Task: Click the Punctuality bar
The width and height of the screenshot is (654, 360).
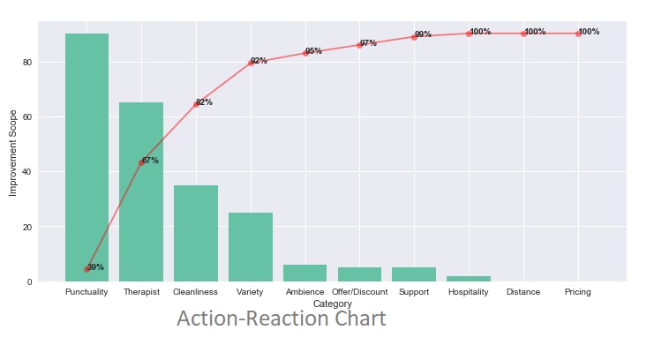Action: click(86, 159)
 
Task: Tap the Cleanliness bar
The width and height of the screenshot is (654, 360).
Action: click(196, 234)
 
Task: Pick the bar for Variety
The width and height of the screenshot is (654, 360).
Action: click(251, 247)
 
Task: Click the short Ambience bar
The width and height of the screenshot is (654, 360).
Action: click(304, 274)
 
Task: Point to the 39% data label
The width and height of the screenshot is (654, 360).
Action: click(95, 267)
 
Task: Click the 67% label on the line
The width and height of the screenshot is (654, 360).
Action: click(150, 161)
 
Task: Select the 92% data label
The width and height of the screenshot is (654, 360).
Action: click(259, 61)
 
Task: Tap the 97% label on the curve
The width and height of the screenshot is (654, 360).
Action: click(368, 43)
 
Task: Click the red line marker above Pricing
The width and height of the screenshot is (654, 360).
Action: click(578, 34)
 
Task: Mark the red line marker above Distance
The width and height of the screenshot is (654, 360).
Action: click(523, 34)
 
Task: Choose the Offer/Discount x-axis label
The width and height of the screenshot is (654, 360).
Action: click(359, 292)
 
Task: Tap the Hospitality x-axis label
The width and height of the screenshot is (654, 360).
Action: click(469, 292)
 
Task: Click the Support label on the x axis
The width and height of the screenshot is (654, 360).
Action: click(414, 292)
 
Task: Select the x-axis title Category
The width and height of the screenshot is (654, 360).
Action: click(332, 304)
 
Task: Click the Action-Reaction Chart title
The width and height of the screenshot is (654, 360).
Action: click(281, 319)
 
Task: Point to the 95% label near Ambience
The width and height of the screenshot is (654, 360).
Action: click(313, 51)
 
